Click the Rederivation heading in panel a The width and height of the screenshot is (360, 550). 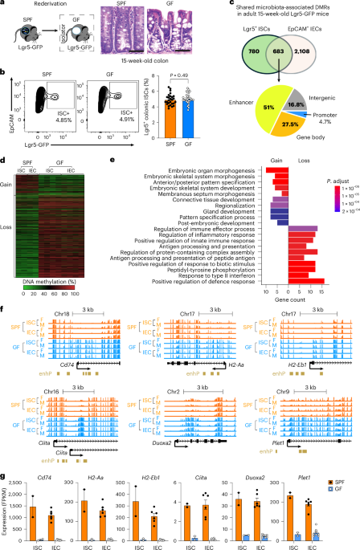[40, 6]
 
